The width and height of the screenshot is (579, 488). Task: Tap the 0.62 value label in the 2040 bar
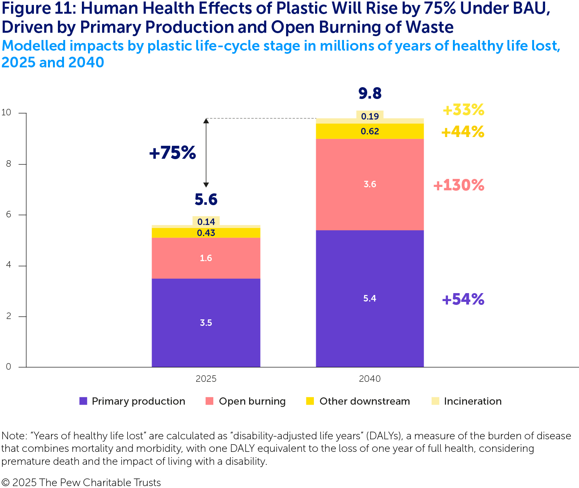pos(370,131)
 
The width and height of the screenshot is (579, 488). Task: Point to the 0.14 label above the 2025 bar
pos(206,222)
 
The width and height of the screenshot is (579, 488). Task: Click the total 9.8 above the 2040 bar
pos(370,93)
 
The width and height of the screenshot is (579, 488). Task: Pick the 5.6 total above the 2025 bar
pos(206,199)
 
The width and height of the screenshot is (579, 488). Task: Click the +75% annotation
pos(172,153)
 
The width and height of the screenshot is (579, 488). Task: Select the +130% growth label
pos(459,185)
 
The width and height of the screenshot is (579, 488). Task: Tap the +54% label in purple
pos(463,299)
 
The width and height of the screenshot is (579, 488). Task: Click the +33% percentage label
pos(463,110)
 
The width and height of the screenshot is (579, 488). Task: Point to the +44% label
pos(462,132)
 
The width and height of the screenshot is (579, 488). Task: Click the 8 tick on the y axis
pos(8,164)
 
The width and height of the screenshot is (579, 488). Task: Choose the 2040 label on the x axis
pos(370,379)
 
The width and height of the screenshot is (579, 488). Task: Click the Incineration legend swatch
pos(435,401)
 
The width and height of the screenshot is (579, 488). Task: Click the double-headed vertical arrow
pos(206,153)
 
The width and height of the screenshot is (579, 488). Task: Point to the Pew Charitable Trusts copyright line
pos(81,482)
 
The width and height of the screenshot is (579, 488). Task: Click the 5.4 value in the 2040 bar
pos(370,298)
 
